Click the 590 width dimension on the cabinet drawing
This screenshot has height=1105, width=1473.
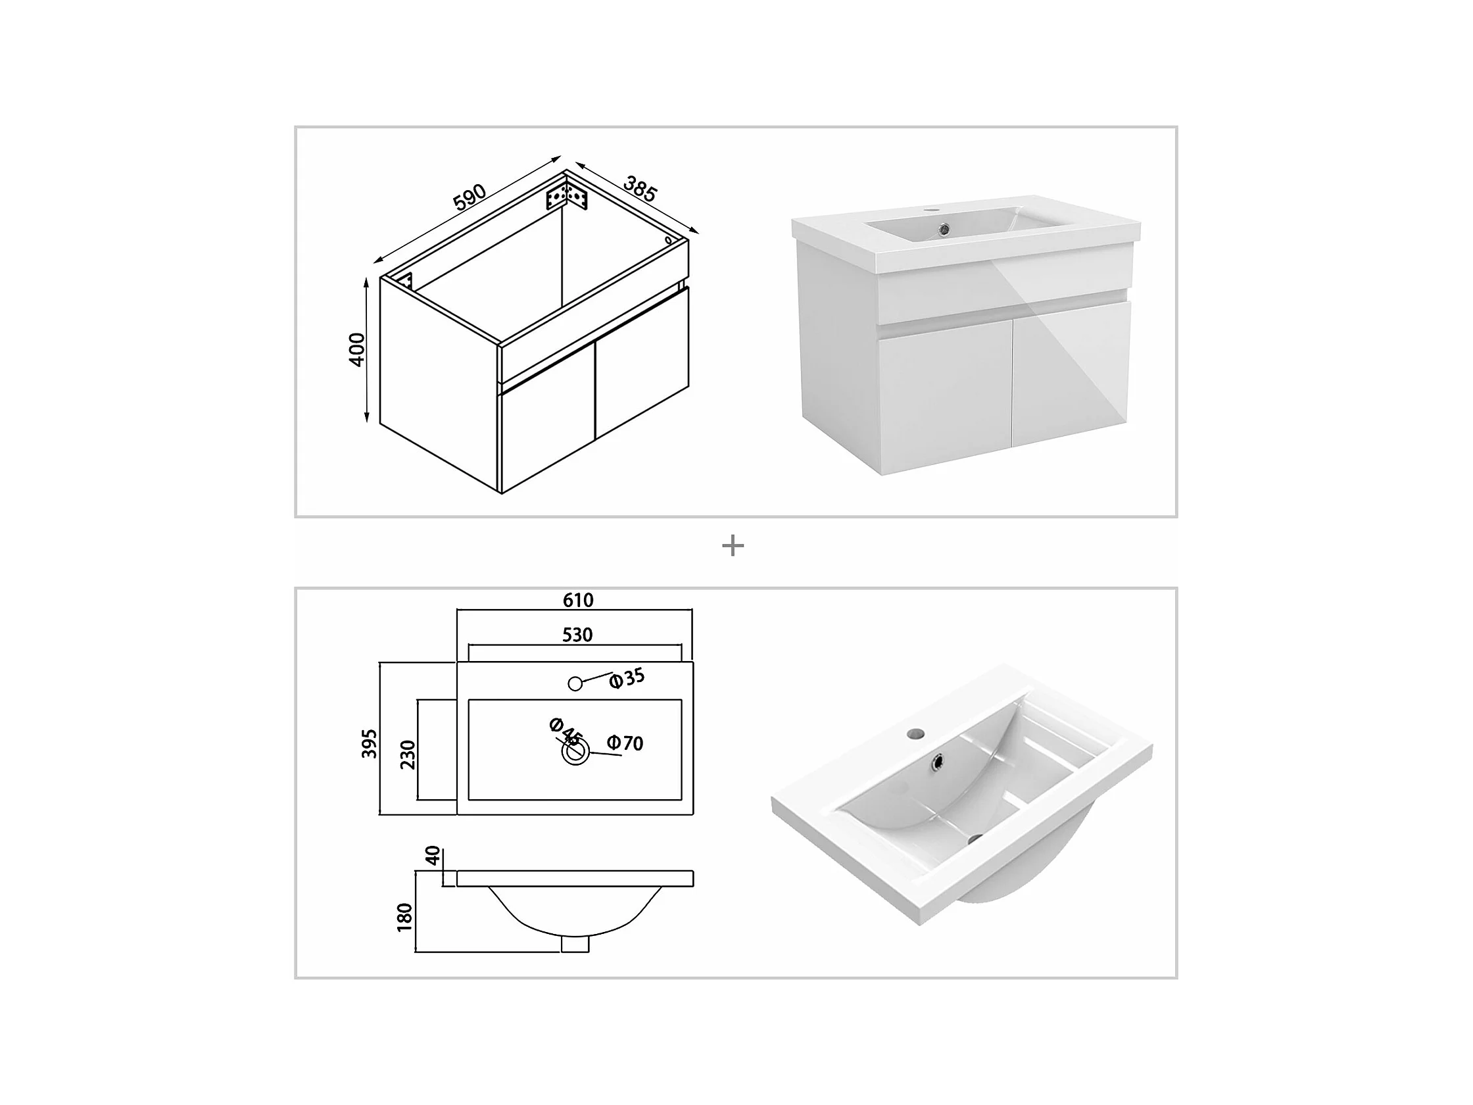470,197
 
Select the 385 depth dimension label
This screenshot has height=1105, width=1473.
640,189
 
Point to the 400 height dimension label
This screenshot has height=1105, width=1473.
357,350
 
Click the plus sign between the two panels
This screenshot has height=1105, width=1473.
733,546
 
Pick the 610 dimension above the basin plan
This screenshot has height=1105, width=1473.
578,600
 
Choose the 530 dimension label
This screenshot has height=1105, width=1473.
577,635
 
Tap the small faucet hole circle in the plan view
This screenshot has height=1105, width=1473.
575,683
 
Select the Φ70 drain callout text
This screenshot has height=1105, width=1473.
625,743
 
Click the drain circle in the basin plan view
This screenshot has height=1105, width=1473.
575,752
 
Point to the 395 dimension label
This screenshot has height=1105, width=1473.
370,743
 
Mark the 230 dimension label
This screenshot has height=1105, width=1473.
408,754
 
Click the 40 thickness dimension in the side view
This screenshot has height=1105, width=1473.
433,855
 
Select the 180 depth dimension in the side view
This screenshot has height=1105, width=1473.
405,917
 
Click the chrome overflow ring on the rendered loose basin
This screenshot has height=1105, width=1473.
939,760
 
